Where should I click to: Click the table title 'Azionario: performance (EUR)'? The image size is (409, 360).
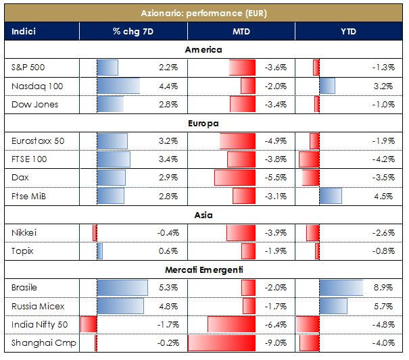pyautogui.click(x=203, y=13)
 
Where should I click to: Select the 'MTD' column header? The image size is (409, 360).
pyautogui.click(x=241, y=31)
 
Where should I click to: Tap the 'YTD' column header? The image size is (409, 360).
pyautogui.click(x=349, y=31)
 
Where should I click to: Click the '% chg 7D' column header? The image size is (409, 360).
pyautogui.click(x=133, y=31)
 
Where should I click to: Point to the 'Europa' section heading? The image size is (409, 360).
pyautogui.click(x=203, y=123)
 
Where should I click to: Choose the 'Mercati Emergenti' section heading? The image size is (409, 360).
pyautogui.click(x=203, y=269)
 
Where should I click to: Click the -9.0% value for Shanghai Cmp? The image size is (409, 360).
pyautogui.click(x=277, y=342)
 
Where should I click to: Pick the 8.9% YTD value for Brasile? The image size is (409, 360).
pyautogui.click(x=383, y=288)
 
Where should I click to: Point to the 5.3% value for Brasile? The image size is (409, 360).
pyautogui.click(x=168, y=288)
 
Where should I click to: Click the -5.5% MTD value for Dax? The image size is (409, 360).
pyautogui.click(x=277, y=178)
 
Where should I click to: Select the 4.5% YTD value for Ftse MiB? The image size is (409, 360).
pyautogui.click(x=383, y=196)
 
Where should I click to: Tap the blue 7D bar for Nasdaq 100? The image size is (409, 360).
pyautogui.click(x=118, y=86)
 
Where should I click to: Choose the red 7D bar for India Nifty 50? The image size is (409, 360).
pyautogui.click(x=89, y=324)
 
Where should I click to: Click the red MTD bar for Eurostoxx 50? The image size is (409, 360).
pyautogui.click(x=237, y=141)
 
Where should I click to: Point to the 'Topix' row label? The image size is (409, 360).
pyautogui.click(x=22, y=251)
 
